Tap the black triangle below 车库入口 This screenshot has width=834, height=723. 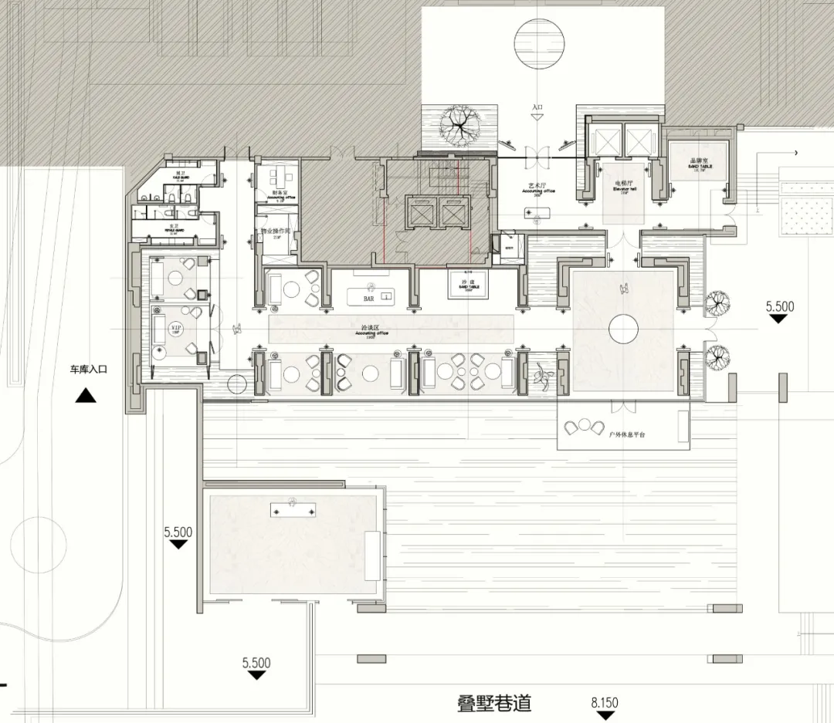pos(85,396)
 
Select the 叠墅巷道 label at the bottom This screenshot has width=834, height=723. pos(494,704)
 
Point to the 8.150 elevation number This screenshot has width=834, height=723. pos(605,703)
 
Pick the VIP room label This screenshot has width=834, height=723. pos(175,328)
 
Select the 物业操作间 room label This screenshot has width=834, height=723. pos(275,231)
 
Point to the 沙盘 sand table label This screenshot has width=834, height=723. pos(466,282)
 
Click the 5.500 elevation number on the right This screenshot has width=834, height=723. pos(779,306)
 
